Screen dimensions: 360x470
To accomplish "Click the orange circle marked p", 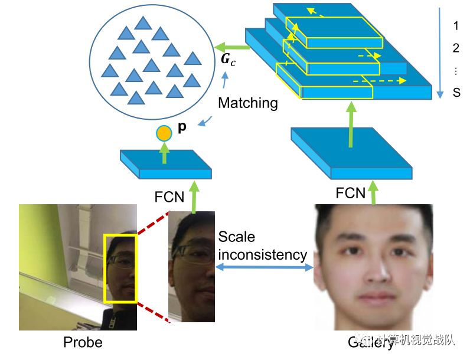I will click(164, 133).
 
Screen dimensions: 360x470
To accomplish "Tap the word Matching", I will click(248, 103).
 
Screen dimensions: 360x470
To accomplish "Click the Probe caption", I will click(83, 342).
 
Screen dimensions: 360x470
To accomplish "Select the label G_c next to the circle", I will click(227, 60).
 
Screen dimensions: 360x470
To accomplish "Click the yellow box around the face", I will click(120, 268).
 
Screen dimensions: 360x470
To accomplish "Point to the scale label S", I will click(456, 93).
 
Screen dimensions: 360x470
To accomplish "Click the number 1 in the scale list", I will click(455, 26).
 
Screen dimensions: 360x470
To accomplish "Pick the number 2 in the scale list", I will click(455, 48).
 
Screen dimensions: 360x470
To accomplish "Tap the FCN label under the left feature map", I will click(169, 195).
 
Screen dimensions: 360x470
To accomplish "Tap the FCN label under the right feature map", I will click(351, 193).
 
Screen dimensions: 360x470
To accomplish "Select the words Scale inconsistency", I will click(262, 246).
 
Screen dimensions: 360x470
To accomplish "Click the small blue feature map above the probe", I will click(166, 165).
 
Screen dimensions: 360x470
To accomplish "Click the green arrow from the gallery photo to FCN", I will click(373, 192).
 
